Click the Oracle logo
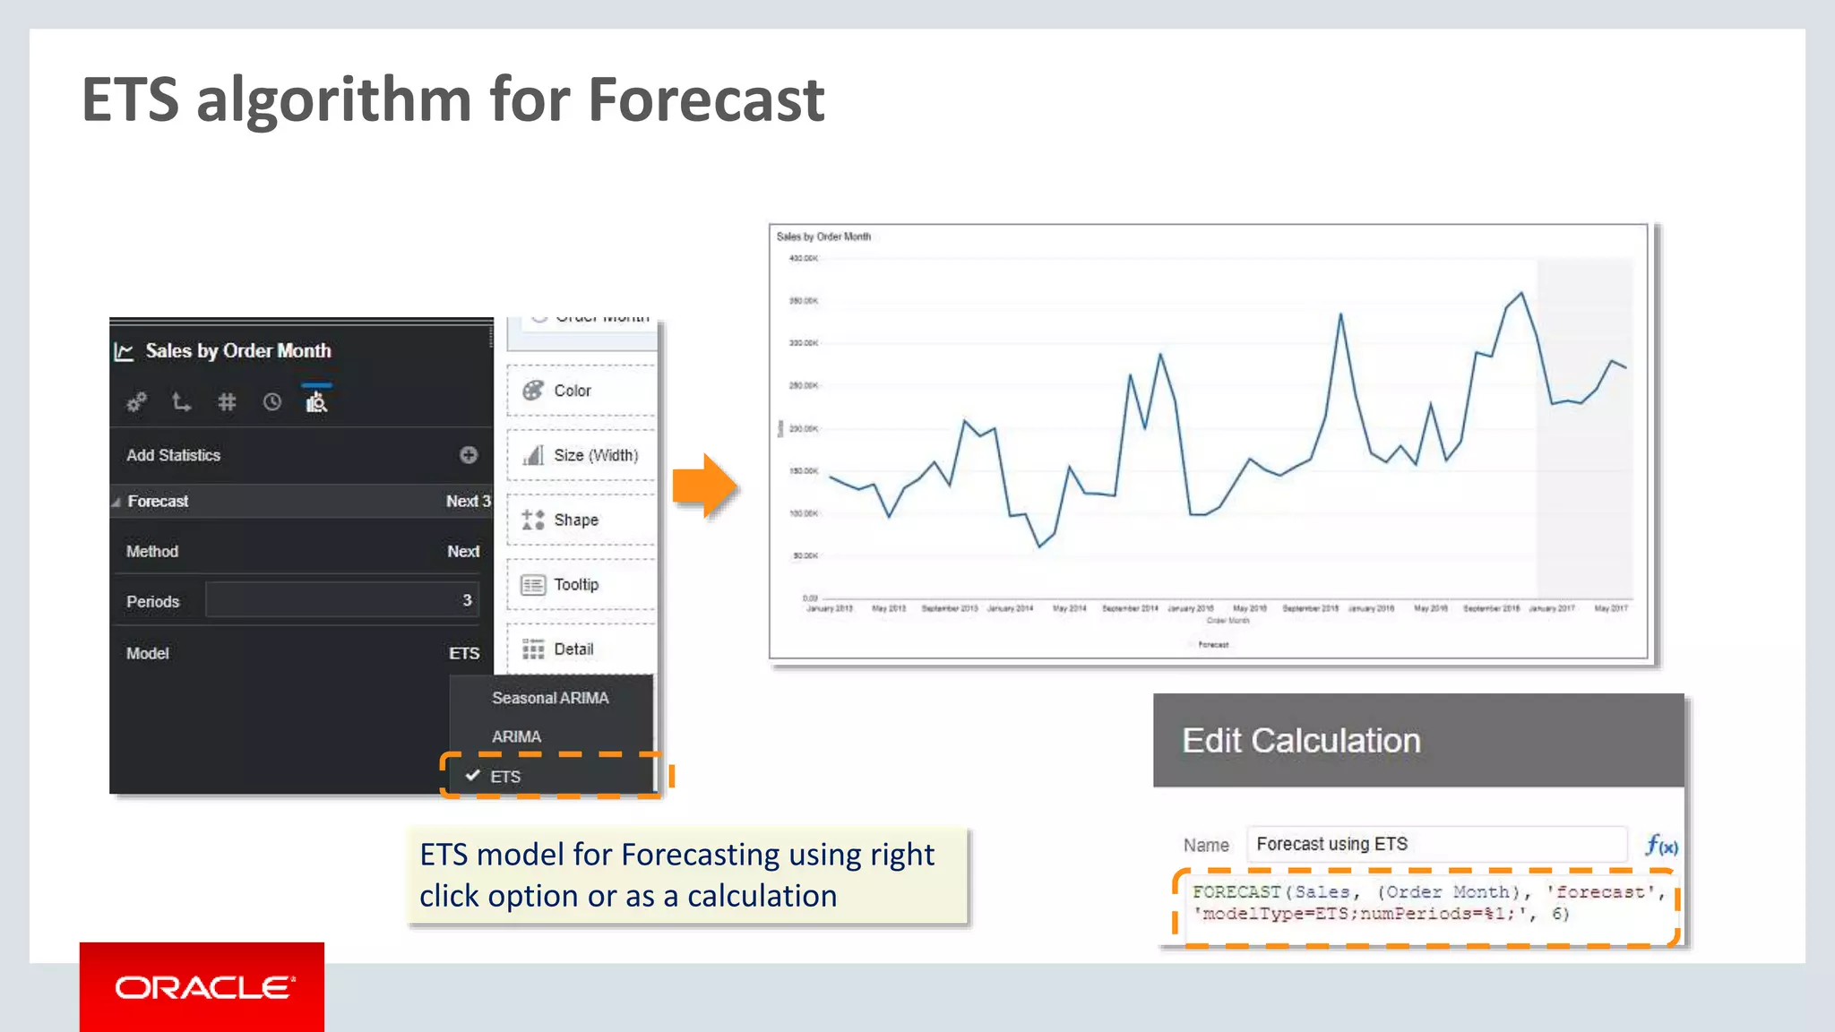click(202, 987)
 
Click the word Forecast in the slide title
click(705, 99)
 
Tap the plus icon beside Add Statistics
click(469, 455)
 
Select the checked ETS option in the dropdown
click(504, 777)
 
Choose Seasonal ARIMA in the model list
click(549, 698)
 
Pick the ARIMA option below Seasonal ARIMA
click(516, 736)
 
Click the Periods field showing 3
click(341, 600)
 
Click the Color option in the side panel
click(572, 391)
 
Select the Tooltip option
click(575, 584)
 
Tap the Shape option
click(575, 520)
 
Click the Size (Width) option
click(595, 455)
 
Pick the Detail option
click(573, 649)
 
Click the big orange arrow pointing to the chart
click(705, 486)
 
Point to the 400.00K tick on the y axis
click(803, 258)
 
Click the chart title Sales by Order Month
click(823, 236)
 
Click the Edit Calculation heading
click(1301, 741)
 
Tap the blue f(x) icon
click(1661, 845)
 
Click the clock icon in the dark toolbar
click(271, 402)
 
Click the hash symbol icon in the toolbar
click(227, 402)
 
